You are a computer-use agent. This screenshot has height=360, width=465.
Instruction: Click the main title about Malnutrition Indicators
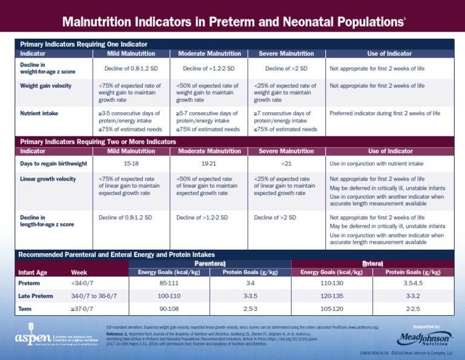tap(232, 22)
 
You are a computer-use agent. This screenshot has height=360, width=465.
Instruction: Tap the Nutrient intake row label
tap(39, 113)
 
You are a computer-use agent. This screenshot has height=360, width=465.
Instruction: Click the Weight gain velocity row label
tap(45, 85)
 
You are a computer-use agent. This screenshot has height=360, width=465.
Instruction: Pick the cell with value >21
tap(286, 164)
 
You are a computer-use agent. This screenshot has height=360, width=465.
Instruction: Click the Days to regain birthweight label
tap(53, 164)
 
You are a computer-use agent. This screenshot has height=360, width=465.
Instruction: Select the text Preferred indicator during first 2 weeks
tap(384, 113)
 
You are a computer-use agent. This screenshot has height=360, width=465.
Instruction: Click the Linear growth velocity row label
tap(48, 179)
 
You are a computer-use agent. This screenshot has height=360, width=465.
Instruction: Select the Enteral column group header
tap(372, 264)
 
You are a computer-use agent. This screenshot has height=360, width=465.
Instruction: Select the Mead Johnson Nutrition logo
tap(424, 336)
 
